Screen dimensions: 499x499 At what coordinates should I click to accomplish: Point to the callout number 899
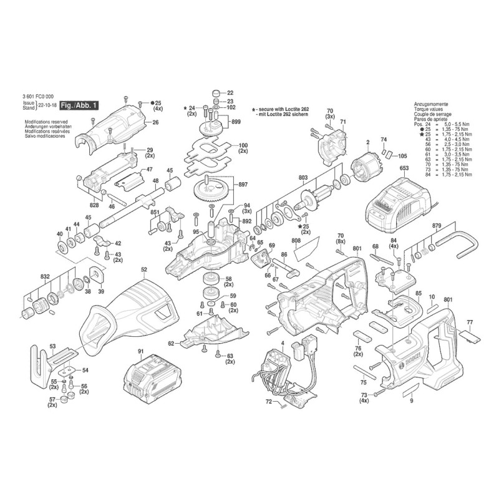pyautogui.click(x=236, y=122)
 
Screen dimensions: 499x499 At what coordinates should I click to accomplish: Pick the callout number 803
pyautogui.click(x=304, y=178)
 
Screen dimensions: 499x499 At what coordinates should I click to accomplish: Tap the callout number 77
pyautogui.click(x=470, y=322)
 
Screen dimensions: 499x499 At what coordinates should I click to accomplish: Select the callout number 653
pyautogui.click(x=404, y=168)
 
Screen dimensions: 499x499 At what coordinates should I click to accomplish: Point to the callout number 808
pyautogui.click(x=296, y=240)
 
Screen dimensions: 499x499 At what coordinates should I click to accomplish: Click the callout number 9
pyautogui.click(x=412, y=402)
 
